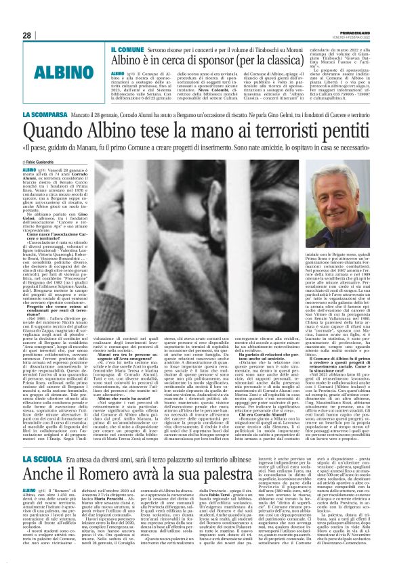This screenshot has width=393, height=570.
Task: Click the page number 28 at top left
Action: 27,35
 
